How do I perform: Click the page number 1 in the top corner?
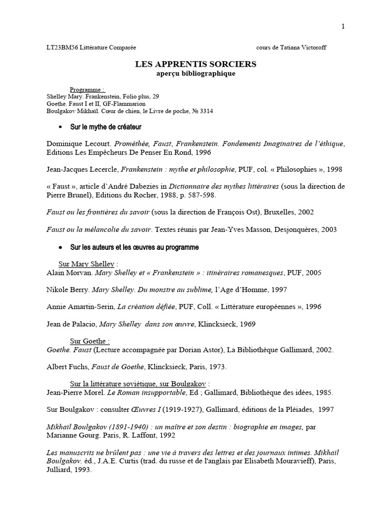(344, 27)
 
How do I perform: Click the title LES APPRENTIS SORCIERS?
(195, 64)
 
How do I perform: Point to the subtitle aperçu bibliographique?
(195, 73)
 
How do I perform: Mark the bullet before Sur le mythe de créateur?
(61, 126)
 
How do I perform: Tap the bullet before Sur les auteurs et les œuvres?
(61, 247)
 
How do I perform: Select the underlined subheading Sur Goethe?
(89, 341)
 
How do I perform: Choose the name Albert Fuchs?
(67, 367)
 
